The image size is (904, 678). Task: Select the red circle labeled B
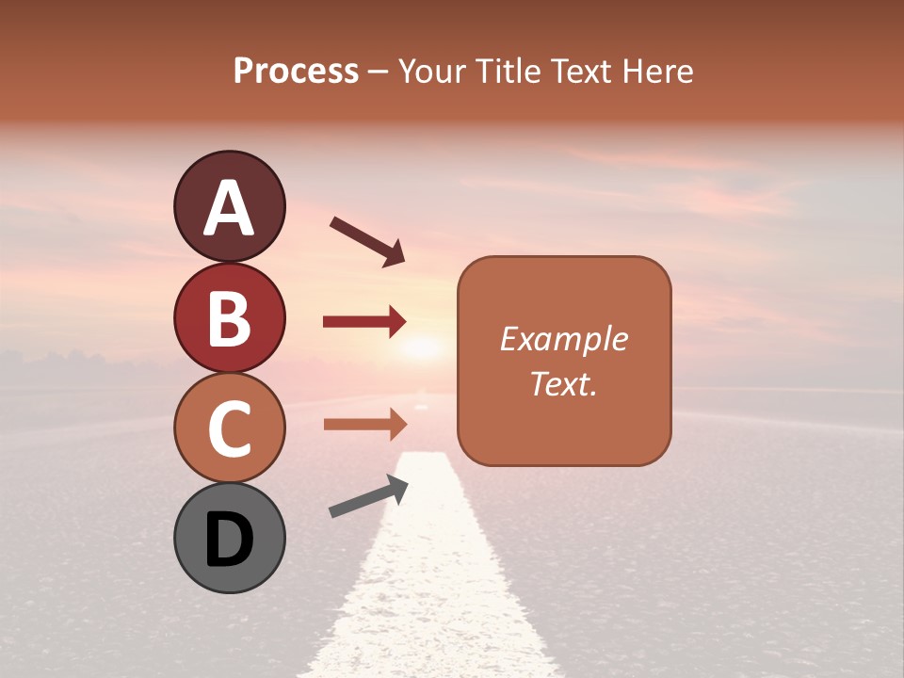click(x=229, y=318)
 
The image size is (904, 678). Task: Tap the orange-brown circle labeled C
click(x=229, y=428)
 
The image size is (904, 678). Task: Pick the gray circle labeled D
click(x=229, y=538)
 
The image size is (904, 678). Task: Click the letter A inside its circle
click(x=229, y=208)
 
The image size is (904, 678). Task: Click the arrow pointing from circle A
click(x=367, y=241)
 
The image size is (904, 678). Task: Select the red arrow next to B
click(x=364, y=322)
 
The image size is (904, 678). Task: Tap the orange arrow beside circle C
click(x=364, y=425)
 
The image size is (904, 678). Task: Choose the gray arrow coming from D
click(x=368, y=496)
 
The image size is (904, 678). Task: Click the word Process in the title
click(x=296, y=72)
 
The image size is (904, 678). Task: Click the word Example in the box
click(x=564, y=339)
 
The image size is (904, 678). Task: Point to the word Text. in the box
click(x=564, y=383)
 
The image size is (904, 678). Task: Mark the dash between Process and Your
click(x=379, y=73)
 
